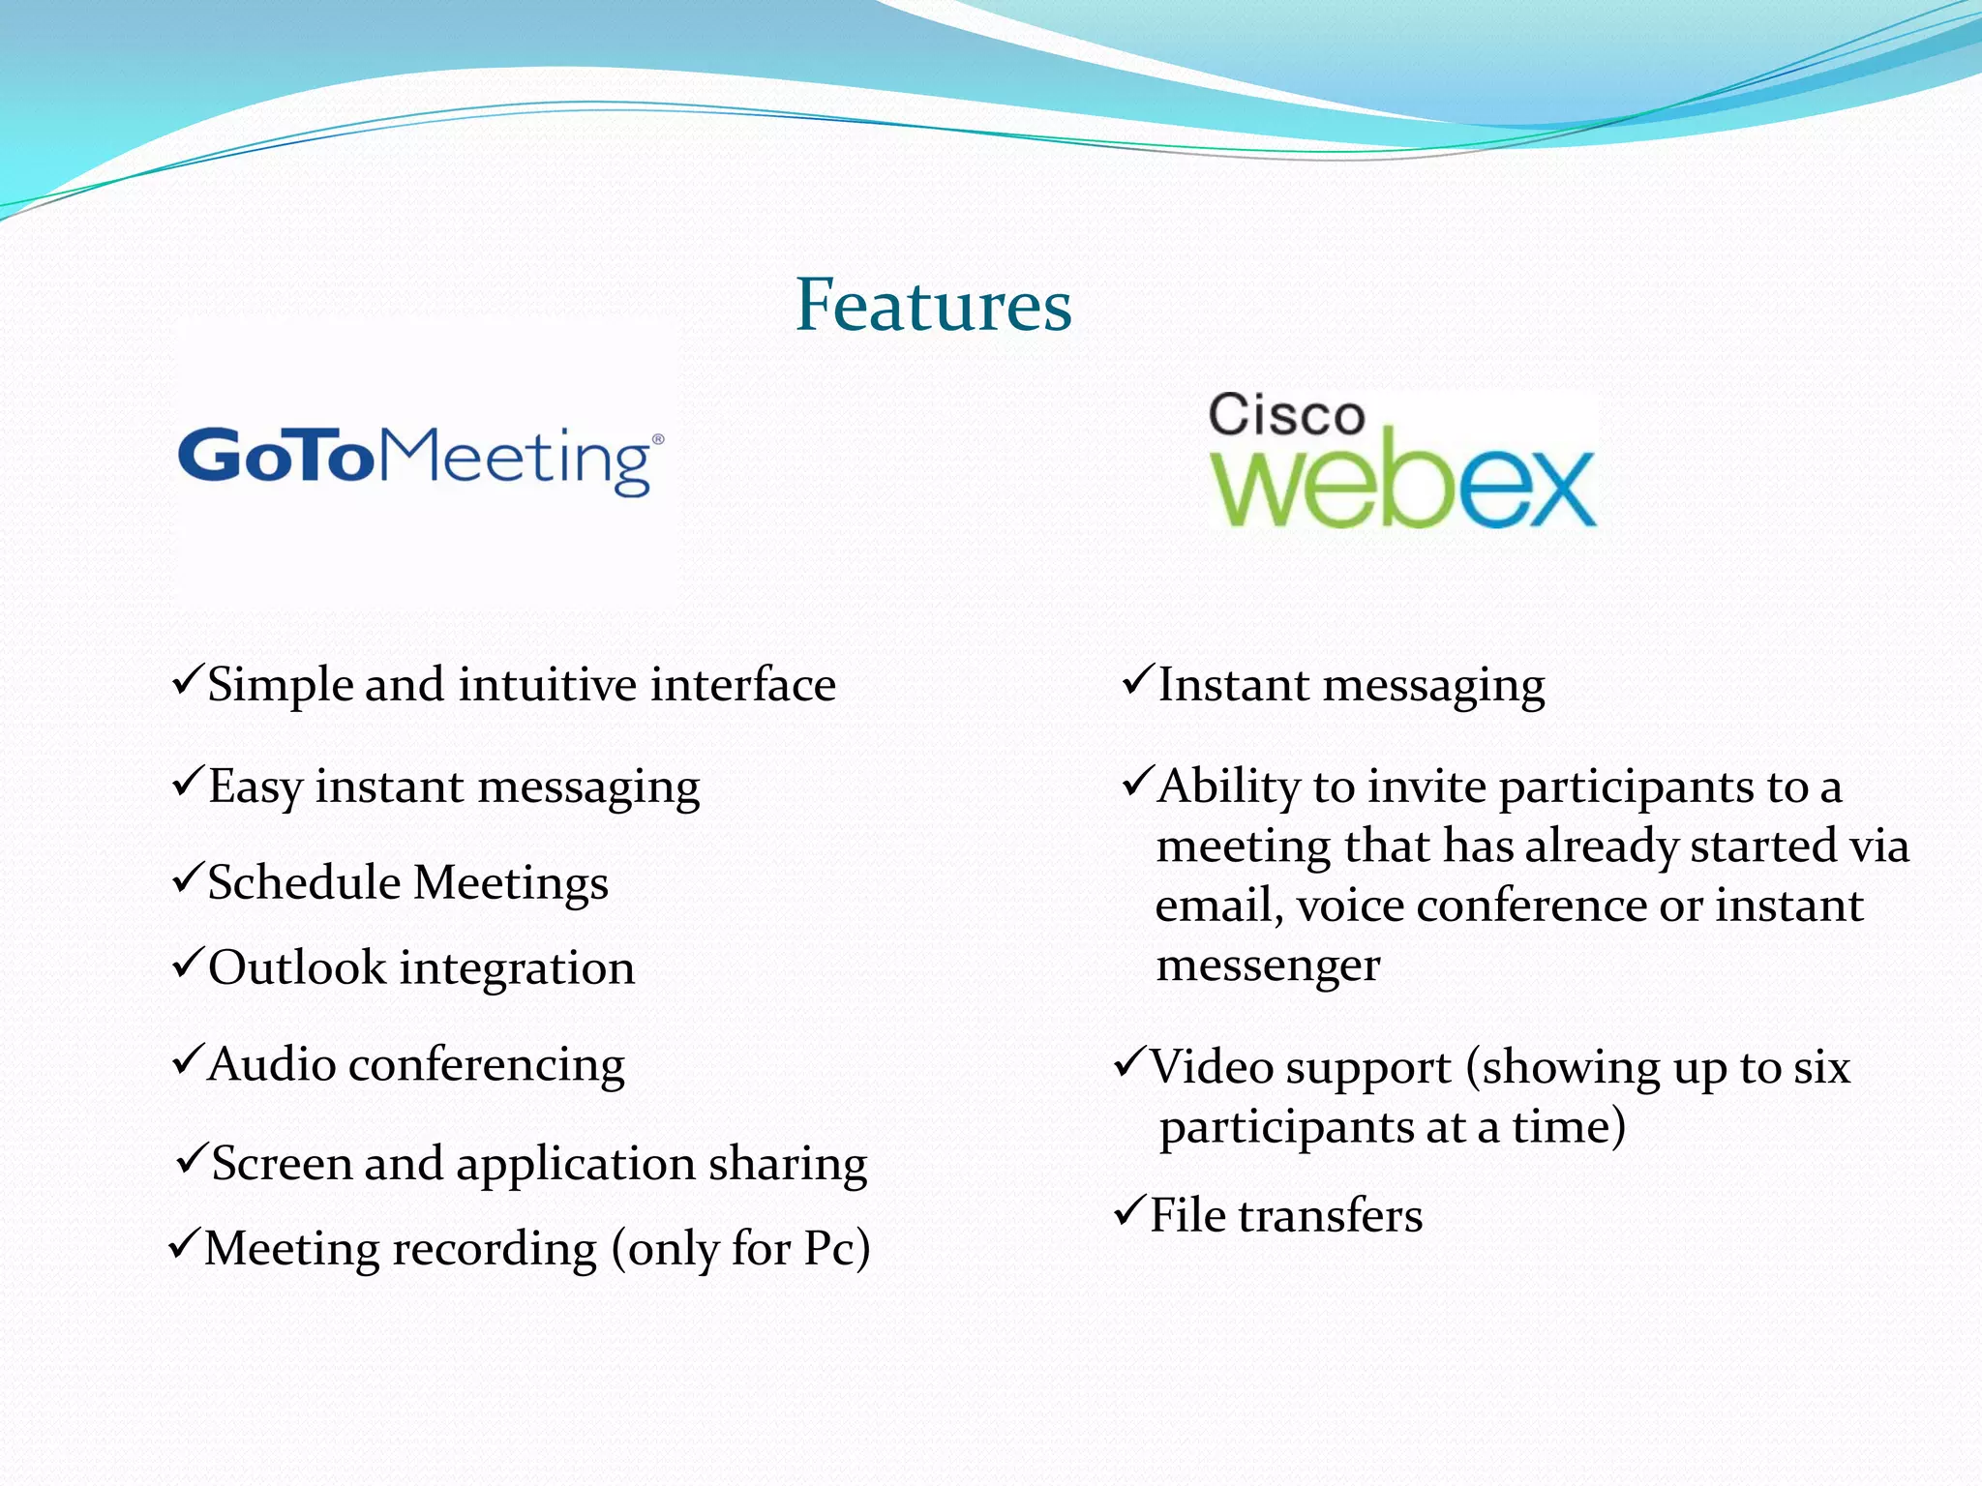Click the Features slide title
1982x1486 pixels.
[933, 305]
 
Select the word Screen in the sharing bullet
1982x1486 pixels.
[282, 1163]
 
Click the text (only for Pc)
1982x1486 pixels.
[740, 1249]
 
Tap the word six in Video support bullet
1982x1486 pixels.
[1821, 1067]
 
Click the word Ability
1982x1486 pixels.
[1228, 787]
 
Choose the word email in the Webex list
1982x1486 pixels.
[1218, 906]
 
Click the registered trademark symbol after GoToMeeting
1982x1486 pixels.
[658, 439]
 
